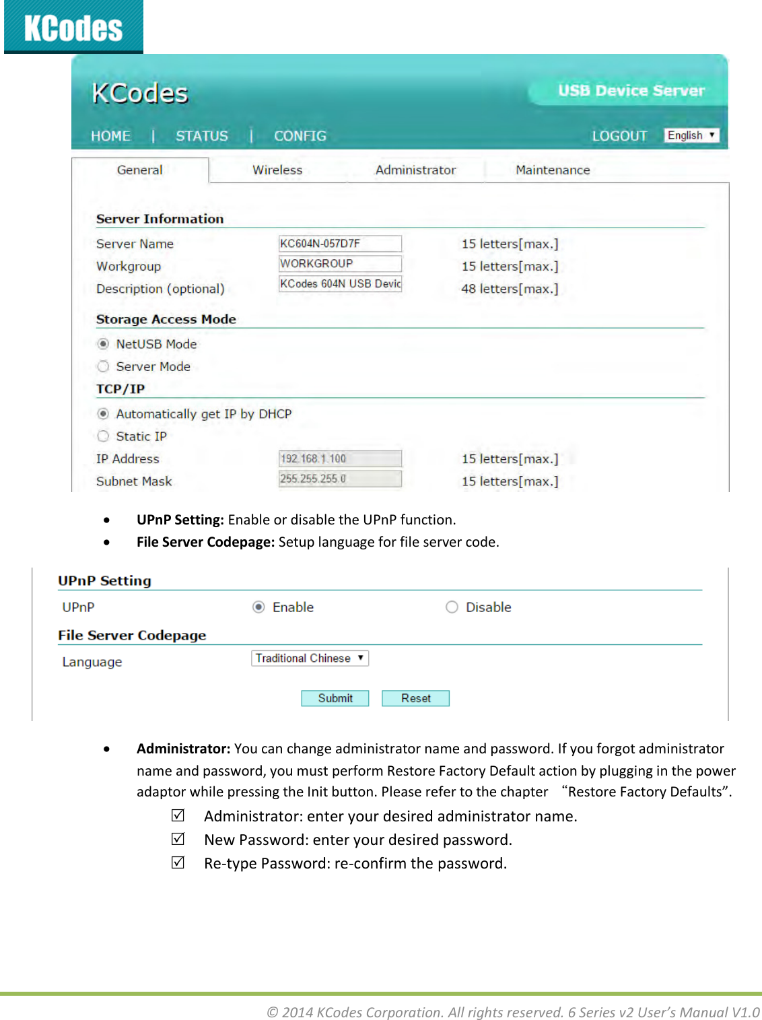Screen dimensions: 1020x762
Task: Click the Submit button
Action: [x=335, y=698]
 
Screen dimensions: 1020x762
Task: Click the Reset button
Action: [x=415, y=698]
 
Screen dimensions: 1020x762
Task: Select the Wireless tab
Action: [x=277, y=170]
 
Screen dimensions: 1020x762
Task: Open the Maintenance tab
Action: [x=553, y=170]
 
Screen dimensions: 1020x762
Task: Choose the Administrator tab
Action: [x=415, y=170]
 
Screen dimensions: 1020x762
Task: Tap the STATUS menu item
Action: [x=202, y=136]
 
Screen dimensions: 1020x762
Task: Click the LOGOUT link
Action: [x=619, y=136]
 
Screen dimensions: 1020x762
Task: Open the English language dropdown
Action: [x=691, y=135]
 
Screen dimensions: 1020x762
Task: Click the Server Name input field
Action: [x=340, y=244]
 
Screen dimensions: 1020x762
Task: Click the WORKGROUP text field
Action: [x=340, y=264]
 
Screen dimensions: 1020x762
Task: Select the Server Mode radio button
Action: [x=103, y=366]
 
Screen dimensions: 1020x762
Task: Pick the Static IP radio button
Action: [x=103, y=436]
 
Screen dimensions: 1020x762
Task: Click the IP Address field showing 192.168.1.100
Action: [x=340, y=458]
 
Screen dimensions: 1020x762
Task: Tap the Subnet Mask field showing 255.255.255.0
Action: [x=340, y=479]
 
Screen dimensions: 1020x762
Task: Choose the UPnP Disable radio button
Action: [x=452, y=607]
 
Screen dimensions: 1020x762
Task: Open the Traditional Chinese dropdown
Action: [x=310, y=658]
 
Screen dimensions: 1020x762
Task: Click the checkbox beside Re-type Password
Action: [x=178, y=862]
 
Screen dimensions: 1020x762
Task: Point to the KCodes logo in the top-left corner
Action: [x=73, y=28]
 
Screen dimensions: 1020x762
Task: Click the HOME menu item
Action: [x=111, y=136]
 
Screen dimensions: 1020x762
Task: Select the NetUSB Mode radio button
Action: [x=103, y=344]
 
